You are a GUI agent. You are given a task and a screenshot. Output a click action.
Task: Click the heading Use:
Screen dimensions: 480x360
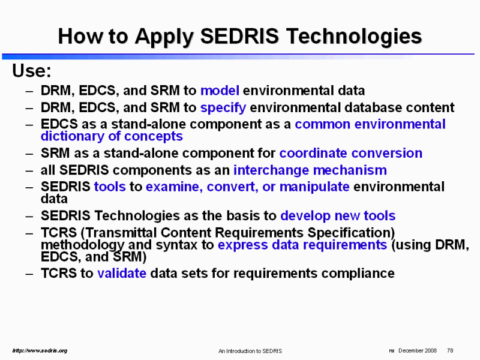(x=32, y=71)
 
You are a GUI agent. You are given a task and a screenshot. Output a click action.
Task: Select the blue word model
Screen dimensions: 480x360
(x=220, y=91)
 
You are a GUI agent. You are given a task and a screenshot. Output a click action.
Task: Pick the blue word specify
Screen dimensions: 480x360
(x=223, y=108)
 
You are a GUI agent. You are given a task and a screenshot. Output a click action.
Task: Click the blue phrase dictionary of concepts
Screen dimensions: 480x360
(x=112, y=137)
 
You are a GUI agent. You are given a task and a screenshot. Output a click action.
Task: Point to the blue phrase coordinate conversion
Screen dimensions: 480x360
(x=351, y=153)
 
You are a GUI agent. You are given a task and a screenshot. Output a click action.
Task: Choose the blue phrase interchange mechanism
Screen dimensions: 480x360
(x=310, y=170)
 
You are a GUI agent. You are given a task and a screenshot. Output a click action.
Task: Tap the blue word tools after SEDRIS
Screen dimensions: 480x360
(x=110, y=187)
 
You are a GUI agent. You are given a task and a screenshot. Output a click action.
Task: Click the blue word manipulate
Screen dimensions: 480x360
(x=314, y=187)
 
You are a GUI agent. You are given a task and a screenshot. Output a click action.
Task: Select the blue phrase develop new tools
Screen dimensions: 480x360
(x=338, y=216)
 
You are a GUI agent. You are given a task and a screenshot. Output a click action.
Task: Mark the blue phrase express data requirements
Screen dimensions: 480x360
(x=302, y=245)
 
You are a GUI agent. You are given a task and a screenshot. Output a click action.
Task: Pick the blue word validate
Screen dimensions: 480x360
(x=122, y=274)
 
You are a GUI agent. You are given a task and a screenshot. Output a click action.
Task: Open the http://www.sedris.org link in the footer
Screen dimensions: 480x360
(x=40, y=350)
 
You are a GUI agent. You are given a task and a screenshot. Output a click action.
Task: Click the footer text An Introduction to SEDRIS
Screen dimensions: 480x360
(x=250, y=351)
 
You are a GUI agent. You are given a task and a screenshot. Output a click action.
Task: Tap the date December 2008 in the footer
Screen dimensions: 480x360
(x=418, y=350)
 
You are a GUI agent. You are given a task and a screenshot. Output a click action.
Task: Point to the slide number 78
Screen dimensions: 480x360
(x=450, y=350)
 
